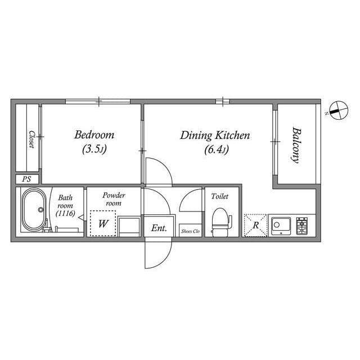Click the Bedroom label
(94, 135)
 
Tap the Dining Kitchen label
(215, 135)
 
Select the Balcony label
(296, 145)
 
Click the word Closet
(31, 139)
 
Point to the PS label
(26, 179)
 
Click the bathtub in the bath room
(34, 209)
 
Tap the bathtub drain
(41, 209)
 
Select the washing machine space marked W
(102, 223)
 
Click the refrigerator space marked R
(255, 225)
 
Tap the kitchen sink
(281, 226)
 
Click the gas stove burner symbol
(302, 226)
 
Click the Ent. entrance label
(159, 228)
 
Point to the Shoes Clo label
(190, 231)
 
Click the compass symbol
(339, 110)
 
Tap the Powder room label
(114, 199)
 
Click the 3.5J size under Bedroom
(94, 149)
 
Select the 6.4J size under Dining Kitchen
(217, 150)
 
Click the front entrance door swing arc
(167, 259)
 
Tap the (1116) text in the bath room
(65, 214)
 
